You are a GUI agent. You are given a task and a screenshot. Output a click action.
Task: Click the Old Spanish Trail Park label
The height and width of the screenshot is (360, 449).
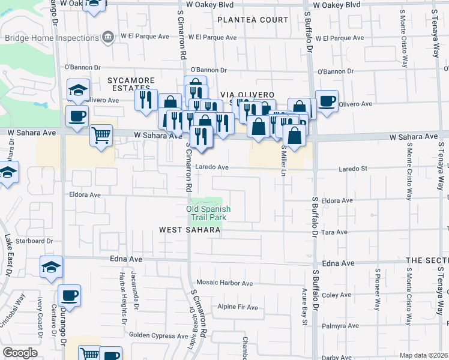click(208, 213)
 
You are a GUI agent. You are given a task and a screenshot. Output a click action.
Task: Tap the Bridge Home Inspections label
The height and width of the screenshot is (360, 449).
click(52, 37)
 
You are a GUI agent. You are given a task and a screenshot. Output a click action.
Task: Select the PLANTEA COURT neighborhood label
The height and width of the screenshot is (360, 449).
click(253, 20)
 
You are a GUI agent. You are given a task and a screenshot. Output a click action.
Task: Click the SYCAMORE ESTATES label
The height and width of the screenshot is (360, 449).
click(131, 84)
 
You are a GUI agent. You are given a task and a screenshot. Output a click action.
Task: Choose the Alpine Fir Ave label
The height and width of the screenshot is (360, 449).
click(238, 307)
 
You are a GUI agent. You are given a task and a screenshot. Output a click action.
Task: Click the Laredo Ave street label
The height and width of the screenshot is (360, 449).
click(210, 167)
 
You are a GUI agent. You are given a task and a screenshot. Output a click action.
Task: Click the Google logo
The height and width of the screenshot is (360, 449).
click(20, 353)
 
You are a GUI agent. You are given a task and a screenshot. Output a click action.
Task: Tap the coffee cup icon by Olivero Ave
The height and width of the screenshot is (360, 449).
click(327, 101)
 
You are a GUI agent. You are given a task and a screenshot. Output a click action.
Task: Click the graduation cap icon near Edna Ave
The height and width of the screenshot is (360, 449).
click(51, 266)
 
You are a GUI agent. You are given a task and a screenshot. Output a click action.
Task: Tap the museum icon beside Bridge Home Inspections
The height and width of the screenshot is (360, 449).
click(108, 37)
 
